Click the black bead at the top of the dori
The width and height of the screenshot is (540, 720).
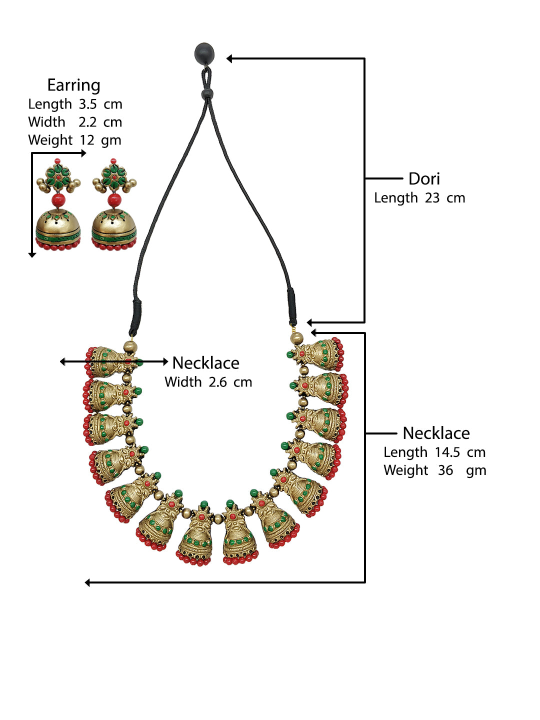click(x=204, y=53)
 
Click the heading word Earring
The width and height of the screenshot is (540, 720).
click(x=73, y=85)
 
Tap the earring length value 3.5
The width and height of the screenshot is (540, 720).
click(x=87, y=104)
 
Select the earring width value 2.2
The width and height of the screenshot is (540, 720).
click(x=87, y=122)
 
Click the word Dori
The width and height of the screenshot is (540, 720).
click(x=424, y=179)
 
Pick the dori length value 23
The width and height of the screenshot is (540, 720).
click(x=432, y=198)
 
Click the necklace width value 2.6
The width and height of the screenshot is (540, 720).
click(x=217, y=382)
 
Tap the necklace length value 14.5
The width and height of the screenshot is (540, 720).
click(x=447, y=452)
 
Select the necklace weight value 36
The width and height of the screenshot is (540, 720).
click(x=445, y=470)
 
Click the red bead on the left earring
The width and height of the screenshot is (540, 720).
click(x=58, y=200)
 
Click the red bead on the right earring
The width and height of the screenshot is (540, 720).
click(x=114, y=200)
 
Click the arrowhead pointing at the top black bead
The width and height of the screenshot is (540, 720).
click(x=229, y=59)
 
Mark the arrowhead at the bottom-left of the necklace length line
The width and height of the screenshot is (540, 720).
click(x=88, y=582)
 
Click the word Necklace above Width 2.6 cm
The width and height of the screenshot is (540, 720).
click(x=205, y=363)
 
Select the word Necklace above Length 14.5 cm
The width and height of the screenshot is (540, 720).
click(x=436, y=433)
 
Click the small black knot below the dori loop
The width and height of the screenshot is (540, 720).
click(x=207, y=93)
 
